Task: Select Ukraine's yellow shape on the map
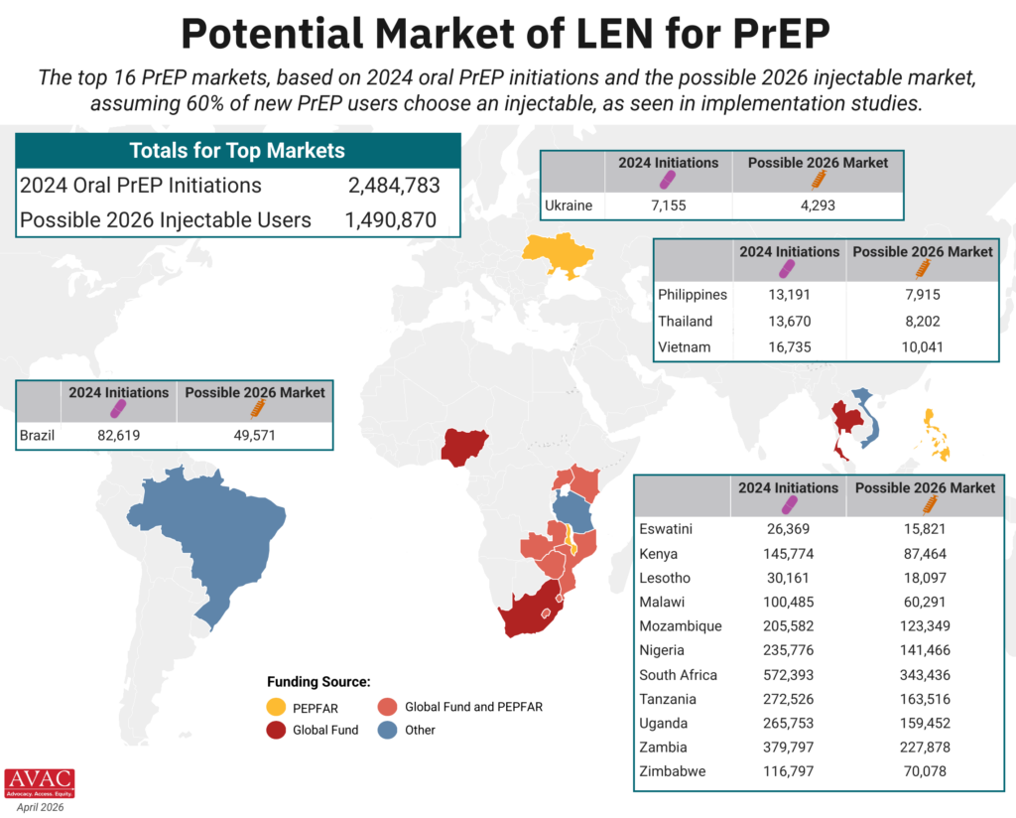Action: [x=561, y=255]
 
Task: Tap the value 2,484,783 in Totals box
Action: [x=393, y=186]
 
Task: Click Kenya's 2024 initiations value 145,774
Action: [x=789, y=553]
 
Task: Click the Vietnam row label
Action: [x=683, y=347]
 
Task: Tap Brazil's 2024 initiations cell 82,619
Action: [x=118, y=435]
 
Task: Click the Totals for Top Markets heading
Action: [x=237, y=151]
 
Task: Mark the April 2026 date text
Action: [x=40, y=808]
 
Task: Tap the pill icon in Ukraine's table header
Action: [x=668, y=179]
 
